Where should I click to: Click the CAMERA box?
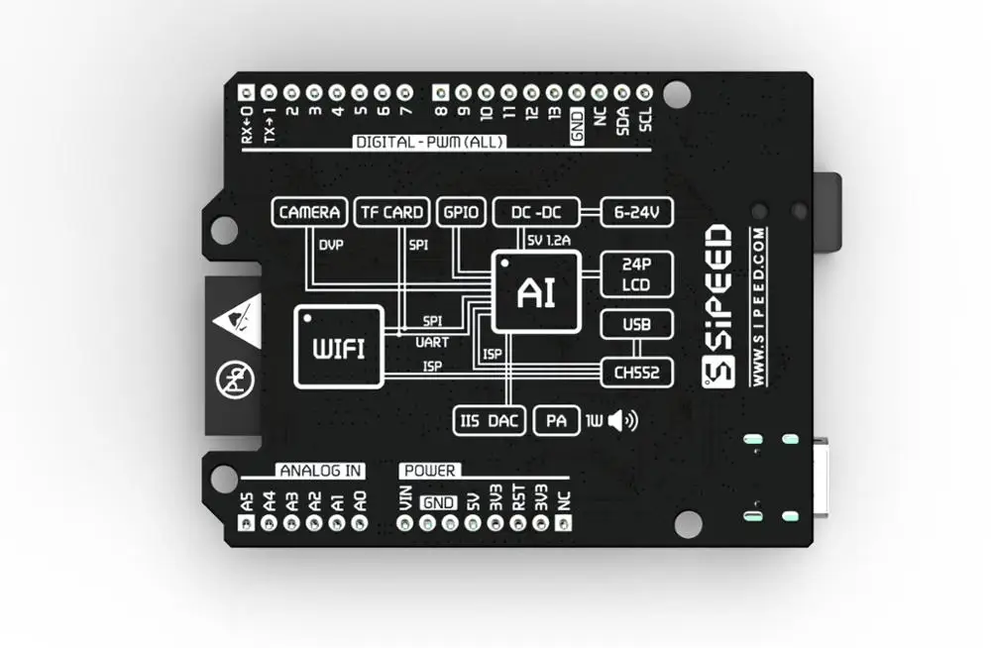point(310,212)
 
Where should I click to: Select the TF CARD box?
point(391,212)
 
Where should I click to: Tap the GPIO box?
point(460,212)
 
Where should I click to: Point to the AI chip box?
point(535,292)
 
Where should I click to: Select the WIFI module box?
point(338,346)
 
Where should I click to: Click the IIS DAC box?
point(490,421)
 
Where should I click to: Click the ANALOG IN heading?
point(319,470)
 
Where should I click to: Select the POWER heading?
point(429,470)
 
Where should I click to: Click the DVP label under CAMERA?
point(330,243)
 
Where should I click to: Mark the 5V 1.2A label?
point(548,240)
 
